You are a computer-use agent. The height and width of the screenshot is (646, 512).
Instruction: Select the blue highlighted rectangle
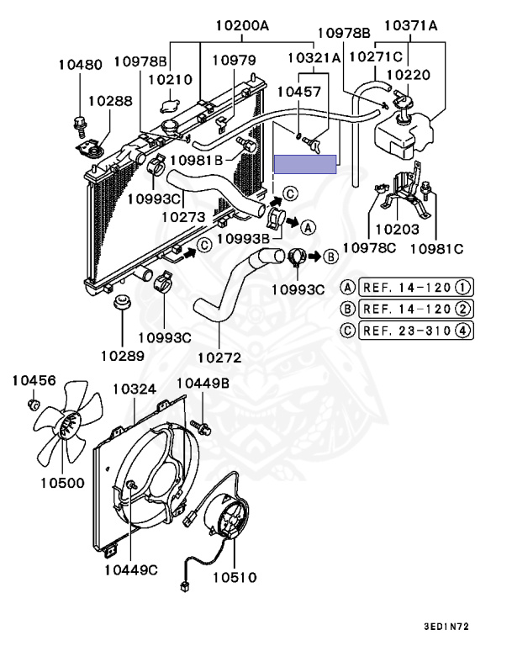point(306,164)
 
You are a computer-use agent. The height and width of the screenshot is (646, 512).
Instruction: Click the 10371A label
point(411,26)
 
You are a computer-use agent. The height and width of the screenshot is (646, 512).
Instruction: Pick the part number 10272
point(220,357)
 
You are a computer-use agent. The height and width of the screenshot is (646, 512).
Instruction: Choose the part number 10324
point(134,389)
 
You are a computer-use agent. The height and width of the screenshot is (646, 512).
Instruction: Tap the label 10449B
point(203,384)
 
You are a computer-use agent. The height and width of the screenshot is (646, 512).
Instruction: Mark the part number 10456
point(34,381)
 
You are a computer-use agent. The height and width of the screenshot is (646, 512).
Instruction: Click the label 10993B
point(242,239)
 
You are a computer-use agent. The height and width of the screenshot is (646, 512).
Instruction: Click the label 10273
point(183,216)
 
